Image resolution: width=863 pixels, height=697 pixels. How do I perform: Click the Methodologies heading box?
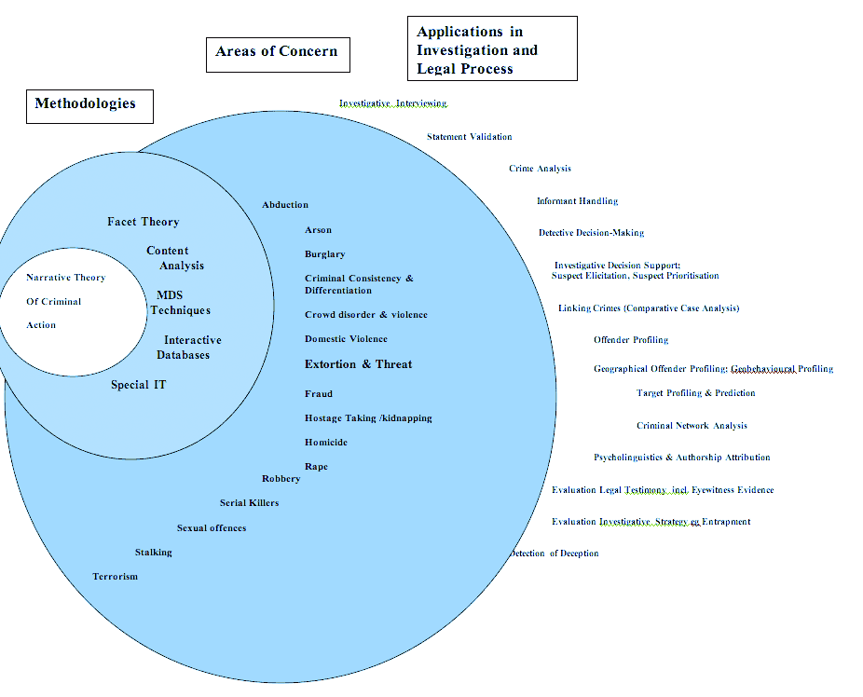pyautogui.click(x=89, y=105)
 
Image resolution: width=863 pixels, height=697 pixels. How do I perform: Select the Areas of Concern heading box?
pyautogui.click(x=277, y=53)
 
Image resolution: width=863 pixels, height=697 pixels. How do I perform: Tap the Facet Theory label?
pyautogui.click(x=144, y=222)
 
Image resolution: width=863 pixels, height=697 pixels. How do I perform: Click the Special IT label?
pyautogui.click(x=139, y=385)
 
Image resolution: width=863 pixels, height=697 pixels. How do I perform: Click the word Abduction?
pyautogui.click(x=285, y=205)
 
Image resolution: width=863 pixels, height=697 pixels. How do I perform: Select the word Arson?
pyautogui.click(x=318, y=230)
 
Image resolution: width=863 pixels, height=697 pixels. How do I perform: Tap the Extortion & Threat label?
pyautogui.click(x=358, y=364)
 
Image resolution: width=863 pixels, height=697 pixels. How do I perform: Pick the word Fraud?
pyautogui.click(x=318, y=394)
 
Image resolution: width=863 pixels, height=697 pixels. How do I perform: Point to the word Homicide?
pyautogui.click(x=326, y=443)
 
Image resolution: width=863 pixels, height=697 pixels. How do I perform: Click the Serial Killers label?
pyautogui.click(x=249, y=503)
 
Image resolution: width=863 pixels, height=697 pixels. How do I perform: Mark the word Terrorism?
pyautogui.click(x=115, y=577)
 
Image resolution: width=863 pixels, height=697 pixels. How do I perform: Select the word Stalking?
pyautogui.click(x=153, y=553)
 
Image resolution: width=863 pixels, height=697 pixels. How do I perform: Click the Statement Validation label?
pyautogui.click(x=469, y=137)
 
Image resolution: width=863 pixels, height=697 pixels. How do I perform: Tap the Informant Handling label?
pyautogui.click(x=577, y=201)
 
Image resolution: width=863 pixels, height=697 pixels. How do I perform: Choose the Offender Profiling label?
pyautogui.click(x=631, y=340)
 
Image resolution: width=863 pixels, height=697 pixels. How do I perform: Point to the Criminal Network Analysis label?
pyautogui.click(x=692, y=426)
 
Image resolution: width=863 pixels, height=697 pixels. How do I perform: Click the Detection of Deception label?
pyautogui.click(x=555, y=553)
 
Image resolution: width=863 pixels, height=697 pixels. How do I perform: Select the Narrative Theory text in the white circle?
pyautogui.click(x=65, y=278)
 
